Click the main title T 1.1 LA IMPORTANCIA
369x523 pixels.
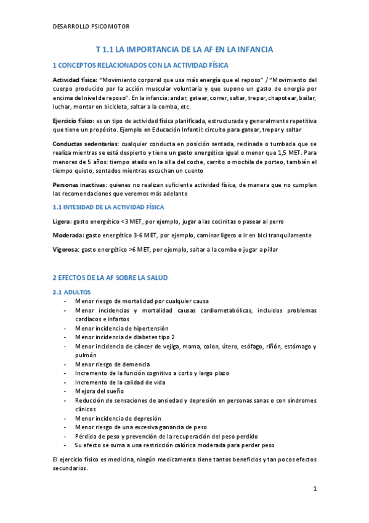(x=184, y=49)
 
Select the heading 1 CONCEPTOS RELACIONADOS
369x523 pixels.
(x=141, y=65)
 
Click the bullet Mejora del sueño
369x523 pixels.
(x=99, y=391)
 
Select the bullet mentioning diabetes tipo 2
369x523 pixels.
(x=125, y=337)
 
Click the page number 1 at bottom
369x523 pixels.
(x=314, y=489)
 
